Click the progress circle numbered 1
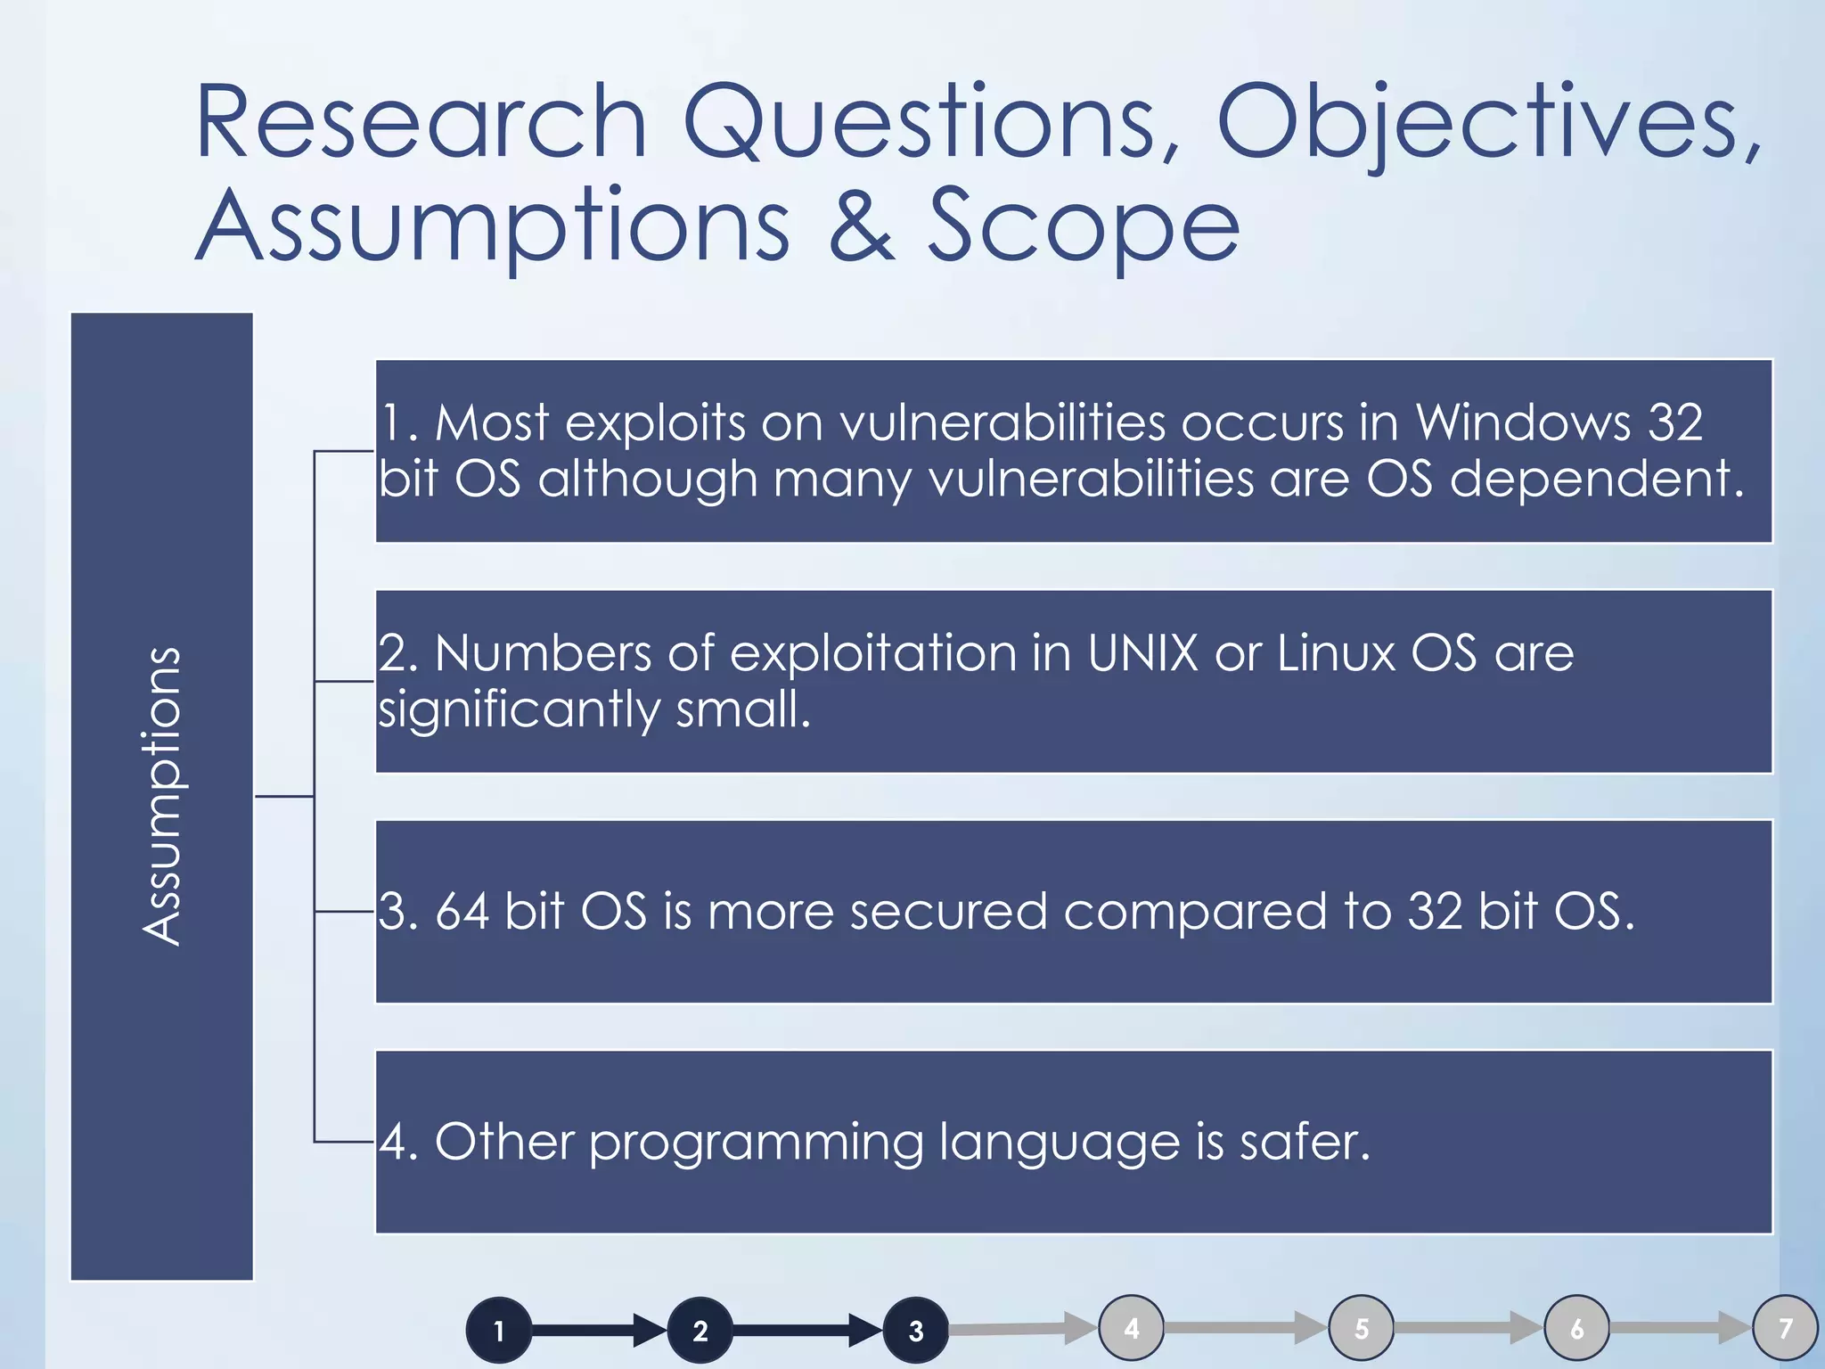[x=499, y=1330]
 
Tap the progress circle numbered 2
[x=700, y=1330]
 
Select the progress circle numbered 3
[x=916, y=1330]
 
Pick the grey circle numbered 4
[x=1132, y=1328]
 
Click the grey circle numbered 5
[x=1362, y=1328]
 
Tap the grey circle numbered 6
[x=1577, y=1328]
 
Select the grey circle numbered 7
[x=1786, y=1328]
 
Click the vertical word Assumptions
[x=162, y=796]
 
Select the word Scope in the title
[x=1083, y=227]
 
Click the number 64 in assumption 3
[x=462, y=912]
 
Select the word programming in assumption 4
[x=756, y=1144]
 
